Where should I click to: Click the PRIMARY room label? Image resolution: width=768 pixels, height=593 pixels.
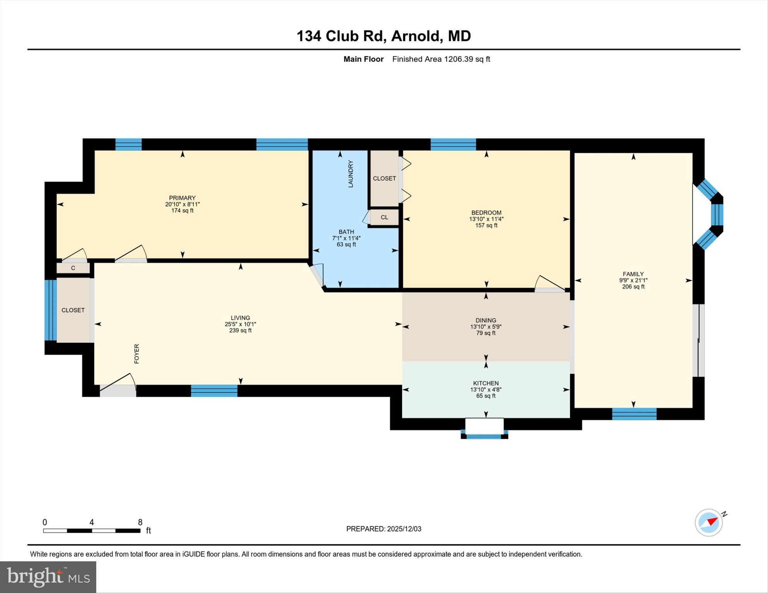pyautogui.click(x=182, y=198)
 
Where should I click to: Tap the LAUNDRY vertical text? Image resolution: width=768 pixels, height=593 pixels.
pyautogui.click(x=351, y=174)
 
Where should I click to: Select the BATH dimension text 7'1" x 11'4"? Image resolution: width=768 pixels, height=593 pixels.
pyautogui.click(x=346, y=238)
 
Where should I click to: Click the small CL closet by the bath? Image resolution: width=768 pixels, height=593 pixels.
pyautogui.click(x=384, y=217)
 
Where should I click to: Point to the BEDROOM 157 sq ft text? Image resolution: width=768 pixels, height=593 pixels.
pyautogui.click(x=486, y=225)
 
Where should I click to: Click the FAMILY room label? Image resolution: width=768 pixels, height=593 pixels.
pyautogui.click(x=633, y=274)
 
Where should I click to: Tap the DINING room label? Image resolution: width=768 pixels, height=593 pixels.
pyautogui.click(x=486, y=320)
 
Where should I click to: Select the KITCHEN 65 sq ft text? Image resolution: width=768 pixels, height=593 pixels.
pyautogui.click(x=486, y=396)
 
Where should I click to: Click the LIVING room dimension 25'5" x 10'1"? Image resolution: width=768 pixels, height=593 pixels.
pyautogui.click(x=240, y=325)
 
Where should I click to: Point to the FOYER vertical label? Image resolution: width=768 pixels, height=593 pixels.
pyautogui.click(x=136, y=353)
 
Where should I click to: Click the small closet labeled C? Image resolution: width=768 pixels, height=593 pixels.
pyautogui.click(x=73, y=268)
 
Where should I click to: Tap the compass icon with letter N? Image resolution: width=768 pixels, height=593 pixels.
pyautogui.click(x=709, y=522)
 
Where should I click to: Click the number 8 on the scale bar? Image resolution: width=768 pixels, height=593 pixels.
pyautogui.click(x=140, y=522)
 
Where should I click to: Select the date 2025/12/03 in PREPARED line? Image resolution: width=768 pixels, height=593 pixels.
pyautogui.click(x=404, y=529)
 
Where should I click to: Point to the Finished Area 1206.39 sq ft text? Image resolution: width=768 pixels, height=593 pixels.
pyautogui.click(x=441, y=59)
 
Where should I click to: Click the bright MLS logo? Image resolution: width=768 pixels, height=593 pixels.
pyautogui.click(x=48, y=577)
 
